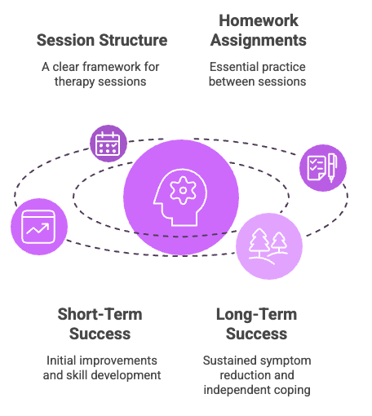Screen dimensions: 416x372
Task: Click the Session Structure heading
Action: (102, 40)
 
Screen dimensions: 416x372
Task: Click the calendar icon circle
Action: (108, 144)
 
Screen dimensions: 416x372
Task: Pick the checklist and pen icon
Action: (322, 167)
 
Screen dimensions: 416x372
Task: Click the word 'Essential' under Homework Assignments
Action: (232, 67)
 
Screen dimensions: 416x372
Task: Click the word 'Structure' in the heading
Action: (134, 40)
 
